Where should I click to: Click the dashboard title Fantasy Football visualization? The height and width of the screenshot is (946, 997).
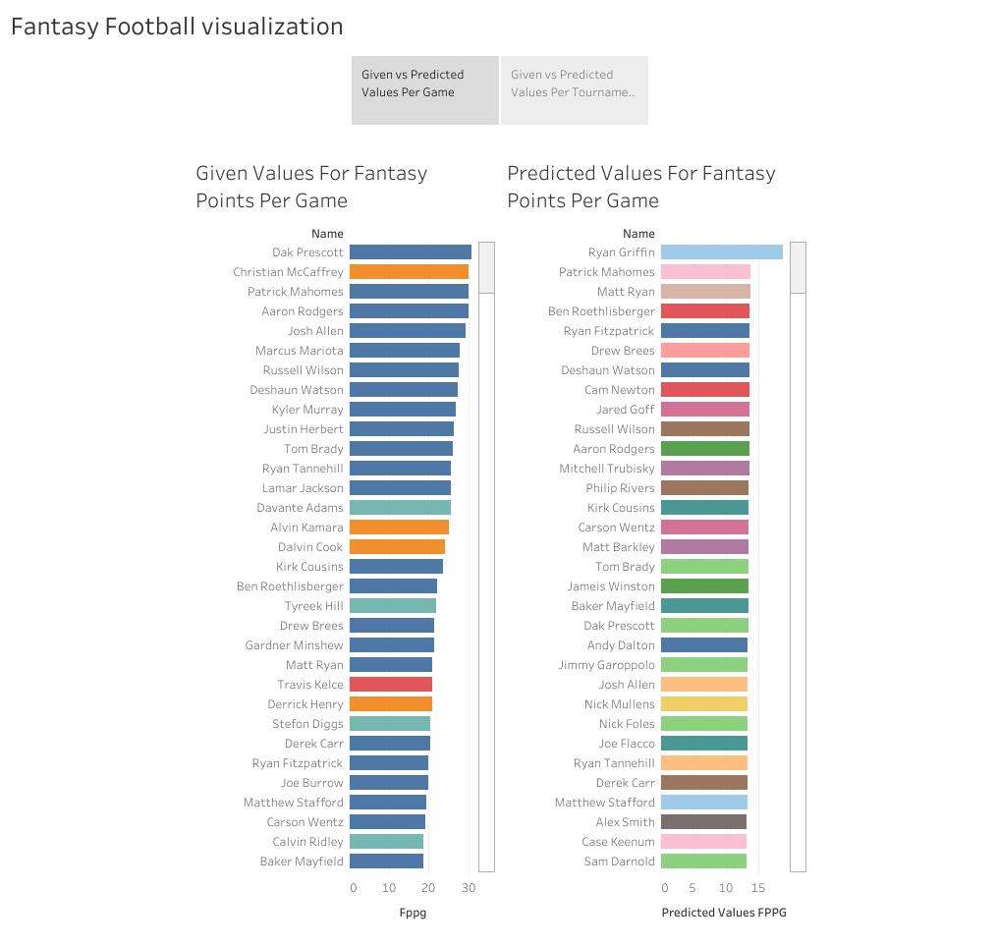(x=177, y=27)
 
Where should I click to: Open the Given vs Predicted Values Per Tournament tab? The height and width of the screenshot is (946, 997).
(x=574, y=83)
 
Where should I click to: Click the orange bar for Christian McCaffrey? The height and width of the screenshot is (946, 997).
(x=409, y=272)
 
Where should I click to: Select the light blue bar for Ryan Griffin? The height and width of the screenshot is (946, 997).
(x=721, y=252)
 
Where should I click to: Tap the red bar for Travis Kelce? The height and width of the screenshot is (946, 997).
(x=391, y=685)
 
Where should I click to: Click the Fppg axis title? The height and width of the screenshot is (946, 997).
(x=413, y=913)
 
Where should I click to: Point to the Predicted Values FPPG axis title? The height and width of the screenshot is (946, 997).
(x=724, y=913)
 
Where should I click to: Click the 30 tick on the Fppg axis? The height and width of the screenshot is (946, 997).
(x=469, y=888)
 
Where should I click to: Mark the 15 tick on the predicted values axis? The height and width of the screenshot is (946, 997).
(x=757, y=888)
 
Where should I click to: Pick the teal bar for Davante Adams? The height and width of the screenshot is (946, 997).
(x=400, y=508)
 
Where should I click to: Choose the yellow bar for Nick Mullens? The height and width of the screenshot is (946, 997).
(x=703, y=704)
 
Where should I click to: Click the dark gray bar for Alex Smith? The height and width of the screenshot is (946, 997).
(x=703, y=822)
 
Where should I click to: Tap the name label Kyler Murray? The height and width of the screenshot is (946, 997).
(x=307, y=410)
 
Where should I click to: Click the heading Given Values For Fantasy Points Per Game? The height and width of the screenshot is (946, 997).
(x=311, y=187)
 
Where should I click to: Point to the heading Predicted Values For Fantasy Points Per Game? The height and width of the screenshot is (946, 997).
(x=640, y=187)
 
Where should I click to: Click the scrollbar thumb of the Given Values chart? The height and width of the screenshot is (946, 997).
(x=486, y=267)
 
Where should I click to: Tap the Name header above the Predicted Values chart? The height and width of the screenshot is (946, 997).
(x=638, y=234)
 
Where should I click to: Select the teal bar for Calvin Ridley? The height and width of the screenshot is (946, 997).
(x=386, y=842)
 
